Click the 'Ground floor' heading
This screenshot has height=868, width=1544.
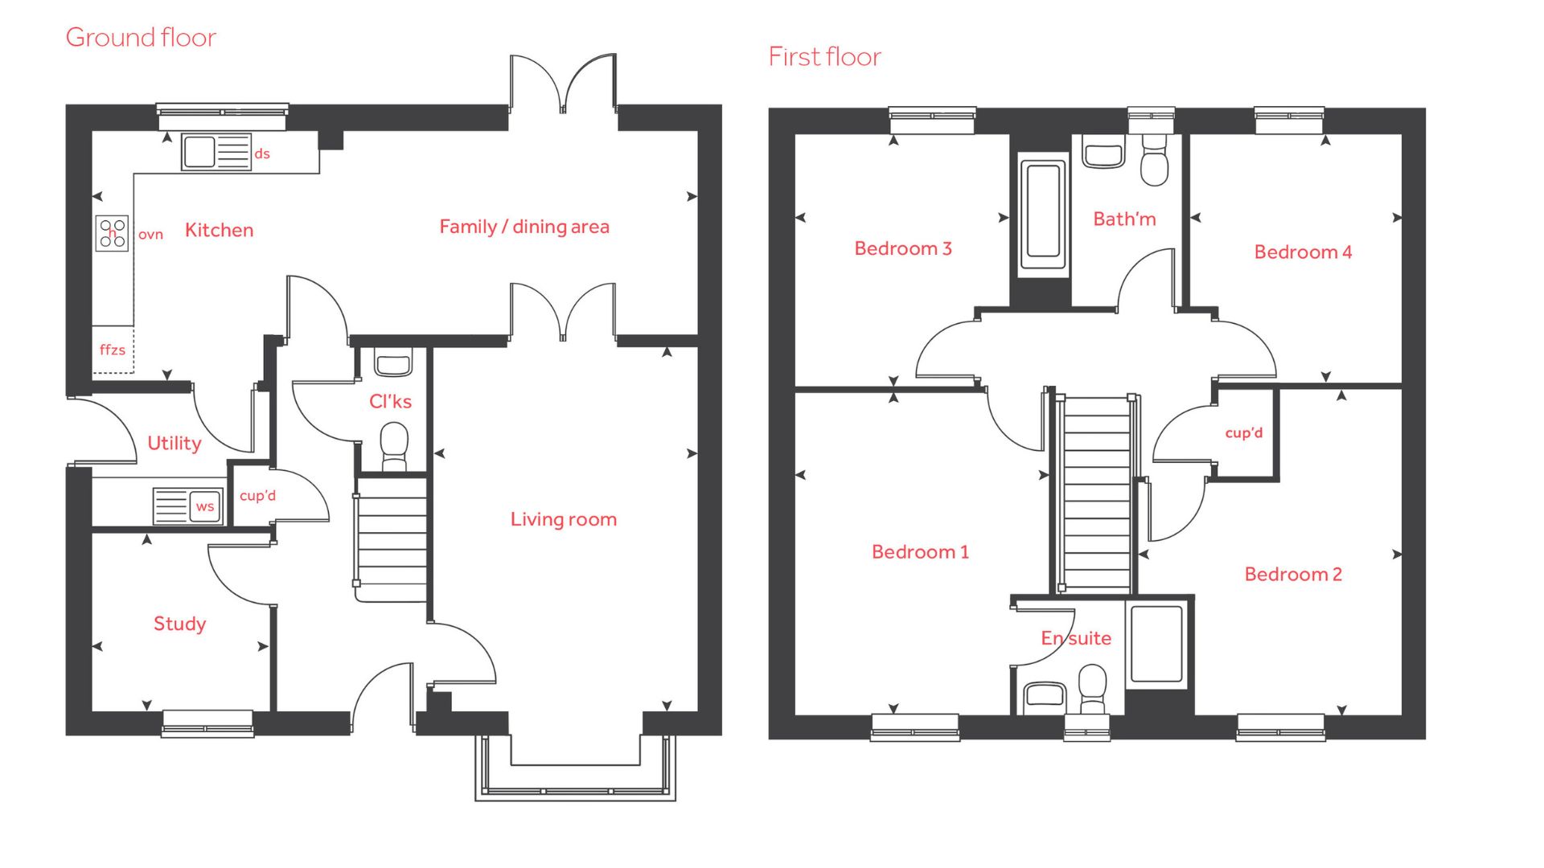pyautogui.click(x=141, y=37)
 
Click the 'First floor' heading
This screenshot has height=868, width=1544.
pyautogui.click(x=824, y=56)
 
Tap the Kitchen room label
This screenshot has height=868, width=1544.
pyautogui.click(x=219, y=230)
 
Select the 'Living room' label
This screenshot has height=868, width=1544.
pyautogui.click(x=564, y=519)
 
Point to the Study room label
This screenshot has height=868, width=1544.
pyautogui.click(x=179, y=624)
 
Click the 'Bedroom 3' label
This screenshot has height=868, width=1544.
pyautogui.click(x=903, y=248)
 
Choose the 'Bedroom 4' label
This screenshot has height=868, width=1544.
pyautogui.click(x=1303, y=252)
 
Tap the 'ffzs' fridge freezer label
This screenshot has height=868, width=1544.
pyautogui.click(x=113, y=350)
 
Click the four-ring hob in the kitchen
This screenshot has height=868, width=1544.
pyautogui.click(x=113, y=233)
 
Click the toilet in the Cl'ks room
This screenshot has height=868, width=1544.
pyautogui.click(x=394, y=446)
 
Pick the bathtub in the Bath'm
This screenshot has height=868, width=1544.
pyautogui.click(x=1043, y=216)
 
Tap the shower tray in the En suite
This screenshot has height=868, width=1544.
pyautogui.click(x=1156, y=644)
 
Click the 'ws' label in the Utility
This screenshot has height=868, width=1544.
pyautogui.click(x=205, y=506)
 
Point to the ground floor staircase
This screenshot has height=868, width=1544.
pyautogui.click(x=392, y=538)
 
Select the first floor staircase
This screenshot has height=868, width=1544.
pyautogui.click(x=1096, y=493)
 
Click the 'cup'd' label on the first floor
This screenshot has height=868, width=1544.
pyautogui.click(x=1244, y=432)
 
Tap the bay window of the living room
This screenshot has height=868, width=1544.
pyautogui.click(x=575, y=768)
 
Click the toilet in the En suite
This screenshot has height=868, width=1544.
pyautogui.click(x=1092, y=689)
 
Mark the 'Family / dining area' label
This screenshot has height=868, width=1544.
pyautogui.click(x=524, y=227)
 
